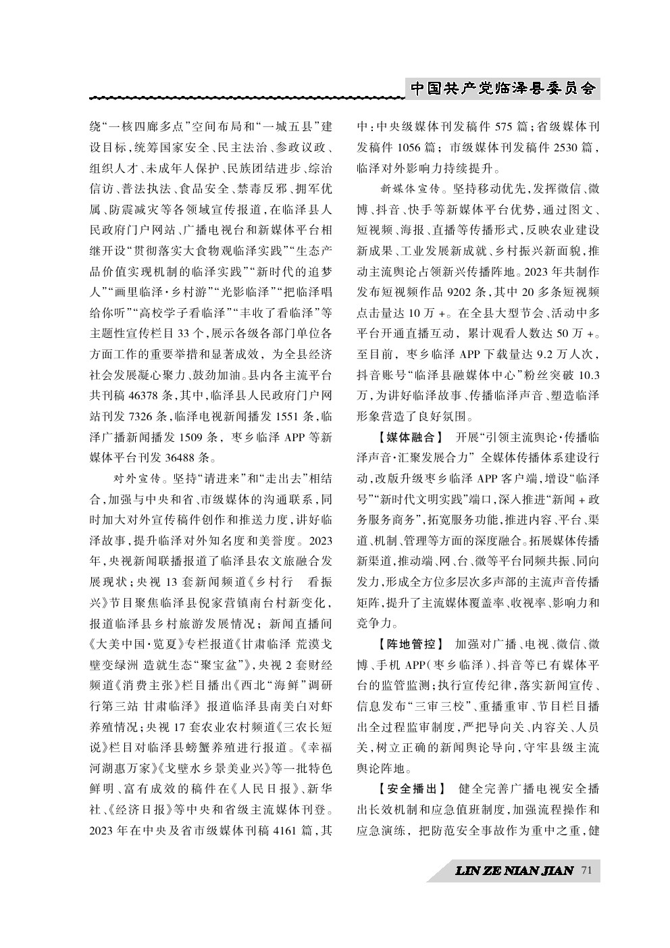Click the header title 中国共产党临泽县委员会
tap(503, 89)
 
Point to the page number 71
tap(586, 871)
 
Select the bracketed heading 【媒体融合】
tap(402, 437)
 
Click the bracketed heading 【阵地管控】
tap(402, 643)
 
